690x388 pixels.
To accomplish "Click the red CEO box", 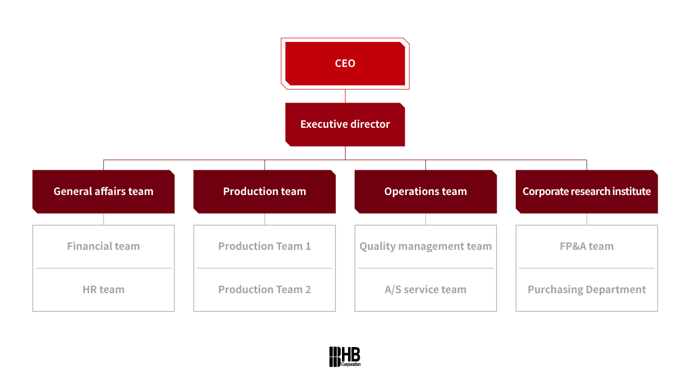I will tap(345, 64).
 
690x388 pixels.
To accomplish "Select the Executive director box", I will tap(345, 124).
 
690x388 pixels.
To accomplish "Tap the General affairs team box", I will tap(104, 191).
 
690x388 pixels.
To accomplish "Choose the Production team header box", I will tap(265, 191).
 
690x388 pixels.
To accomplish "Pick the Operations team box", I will tap(426, 191).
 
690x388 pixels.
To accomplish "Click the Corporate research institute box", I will tap(587, 191).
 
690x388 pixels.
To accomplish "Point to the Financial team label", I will tap(104, 247).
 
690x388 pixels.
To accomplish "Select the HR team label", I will tap(104, 290).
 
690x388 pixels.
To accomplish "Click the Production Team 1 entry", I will tap(265, 247).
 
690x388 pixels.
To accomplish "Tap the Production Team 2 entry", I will tap(265, 290).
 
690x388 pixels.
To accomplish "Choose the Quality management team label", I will tap(426, 247).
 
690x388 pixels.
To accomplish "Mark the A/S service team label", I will tap(426, 290).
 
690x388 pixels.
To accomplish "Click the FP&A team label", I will tap(587, 247).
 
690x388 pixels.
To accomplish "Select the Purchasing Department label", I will tap(587, 290).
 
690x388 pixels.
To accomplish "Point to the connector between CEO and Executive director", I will tap(345, 96).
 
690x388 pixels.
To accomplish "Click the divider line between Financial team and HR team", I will tap(104, 268).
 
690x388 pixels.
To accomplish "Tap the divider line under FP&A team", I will tap(587, 268).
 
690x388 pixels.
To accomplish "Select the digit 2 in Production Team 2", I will tap(308, 290).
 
